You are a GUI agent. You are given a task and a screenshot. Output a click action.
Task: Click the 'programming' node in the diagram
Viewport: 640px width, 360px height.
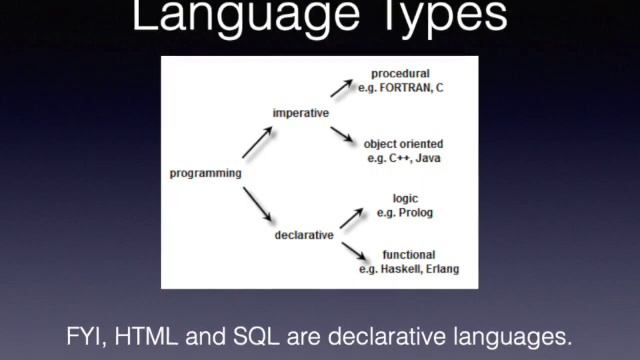205,173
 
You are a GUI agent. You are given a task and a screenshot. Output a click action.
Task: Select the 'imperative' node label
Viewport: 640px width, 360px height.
300,113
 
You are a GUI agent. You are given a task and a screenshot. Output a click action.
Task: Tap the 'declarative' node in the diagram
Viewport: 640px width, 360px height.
303,236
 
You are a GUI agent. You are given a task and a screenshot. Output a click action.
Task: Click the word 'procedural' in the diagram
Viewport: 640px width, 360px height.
400,74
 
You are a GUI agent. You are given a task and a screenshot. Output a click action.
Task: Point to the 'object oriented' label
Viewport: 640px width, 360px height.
403,144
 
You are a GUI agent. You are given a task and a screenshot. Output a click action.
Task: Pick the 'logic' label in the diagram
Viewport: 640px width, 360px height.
405,199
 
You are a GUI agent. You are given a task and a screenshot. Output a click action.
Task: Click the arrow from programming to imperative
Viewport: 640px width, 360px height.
254,143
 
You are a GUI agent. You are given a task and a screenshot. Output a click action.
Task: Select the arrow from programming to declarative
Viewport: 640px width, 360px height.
256,205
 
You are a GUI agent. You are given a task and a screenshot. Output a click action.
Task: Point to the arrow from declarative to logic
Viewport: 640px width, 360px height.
349,216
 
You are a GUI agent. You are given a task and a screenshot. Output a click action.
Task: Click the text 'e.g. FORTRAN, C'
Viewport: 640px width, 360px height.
400,88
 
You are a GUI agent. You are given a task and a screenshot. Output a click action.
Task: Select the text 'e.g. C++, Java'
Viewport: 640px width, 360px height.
403,158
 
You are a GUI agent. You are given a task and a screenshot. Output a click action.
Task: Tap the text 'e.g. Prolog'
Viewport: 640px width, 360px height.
405,213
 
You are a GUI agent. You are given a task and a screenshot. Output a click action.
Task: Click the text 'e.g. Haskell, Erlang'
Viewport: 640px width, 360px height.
409,269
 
